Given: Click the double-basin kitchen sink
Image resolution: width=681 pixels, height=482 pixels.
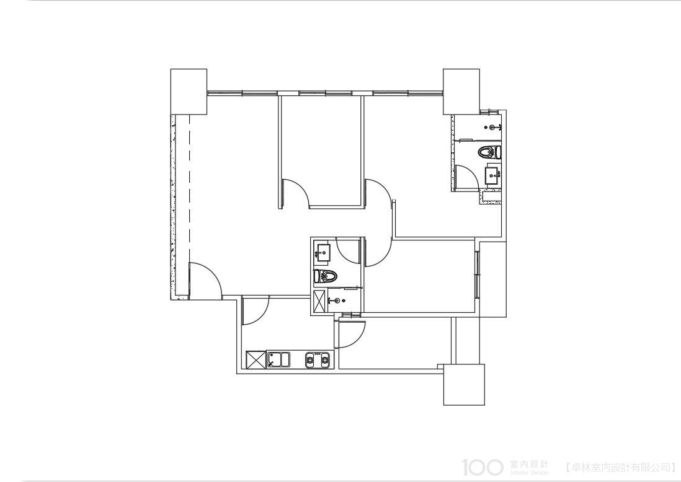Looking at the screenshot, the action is click(x=278, y=360).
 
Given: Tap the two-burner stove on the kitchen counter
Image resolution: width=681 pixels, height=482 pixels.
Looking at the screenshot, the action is click(x=318, y=360).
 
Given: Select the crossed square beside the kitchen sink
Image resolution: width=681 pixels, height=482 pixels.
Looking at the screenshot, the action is click(x=255, y=360).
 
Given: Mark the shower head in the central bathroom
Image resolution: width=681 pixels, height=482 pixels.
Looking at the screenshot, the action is click(x=337, y=300).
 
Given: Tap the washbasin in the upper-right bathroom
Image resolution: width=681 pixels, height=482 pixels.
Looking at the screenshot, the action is click(x=493, y=175).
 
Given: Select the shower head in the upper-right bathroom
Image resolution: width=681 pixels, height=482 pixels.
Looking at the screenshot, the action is click(x=493, y=127).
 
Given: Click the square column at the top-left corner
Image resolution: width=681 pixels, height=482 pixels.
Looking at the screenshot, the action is click(x=189, y=92).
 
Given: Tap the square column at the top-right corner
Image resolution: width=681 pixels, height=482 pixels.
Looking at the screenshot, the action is click(x=461, y=91).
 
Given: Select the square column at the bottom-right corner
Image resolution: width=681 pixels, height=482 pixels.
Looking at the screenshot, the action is click(x=464, y=385).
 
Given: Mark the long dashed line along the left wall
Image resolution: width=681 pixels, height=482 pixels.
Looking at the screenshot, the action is click(x=189, y=191).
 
